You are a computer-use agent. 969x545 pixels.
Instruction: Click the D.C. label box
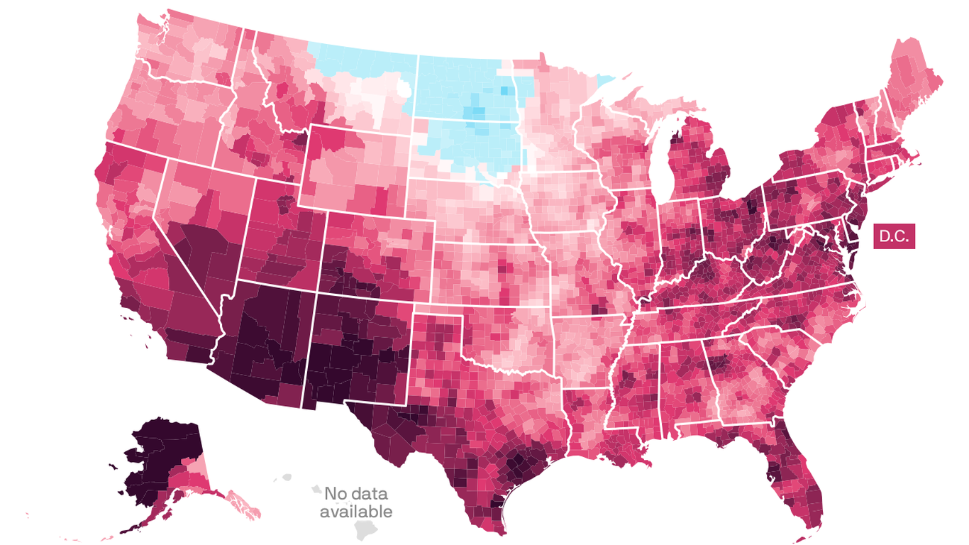point(894,236)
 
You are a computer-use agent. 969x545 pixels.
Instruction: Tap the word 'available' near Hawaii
point(355,511)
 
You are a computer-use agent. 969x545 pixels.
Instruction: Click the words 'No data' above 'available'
point(355,494)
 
